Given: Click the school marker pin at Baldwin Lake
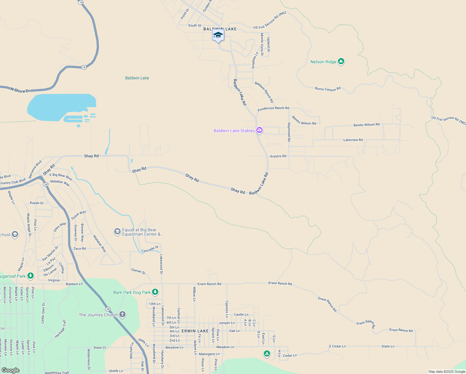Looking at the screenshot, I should [218, 35].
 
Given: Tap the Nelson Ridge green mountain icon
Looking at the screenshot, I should [341, 61].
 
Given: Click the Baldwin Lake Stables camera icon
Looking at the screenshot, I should [259, 130].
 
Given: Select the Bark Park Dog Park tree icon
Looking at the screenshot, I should [155, 292].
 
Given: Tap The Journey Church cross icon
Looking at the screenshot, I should [122, 314].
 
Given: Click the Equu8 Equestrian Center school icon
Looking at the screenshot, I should [117, 232].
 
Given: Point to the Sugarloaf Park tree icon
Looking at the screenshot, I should [30, 276].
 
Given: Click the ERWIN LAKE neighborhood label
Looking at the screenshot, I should [195, 331].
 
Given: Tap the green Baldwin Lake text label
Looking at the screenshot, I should [137, 78].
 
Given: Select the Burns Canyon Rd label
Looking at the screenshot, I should [328, 89].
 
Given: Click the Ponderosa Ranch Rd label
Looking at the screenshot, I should [273, 108].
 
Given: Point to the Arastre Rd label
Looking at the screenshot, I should [278, 156].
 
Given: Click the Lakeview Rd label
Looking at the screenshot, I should [353, 140].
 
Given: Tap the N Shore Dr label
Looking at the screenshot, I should [20, 90].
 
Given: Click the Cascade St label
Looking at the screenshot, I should [150, 249].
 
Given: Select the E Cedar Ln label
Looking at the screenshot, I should [337, 346].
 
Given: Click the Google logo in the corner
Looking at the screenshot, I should [10, 370].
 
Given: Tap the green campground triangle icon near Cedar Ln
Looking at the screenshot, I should [267, 353].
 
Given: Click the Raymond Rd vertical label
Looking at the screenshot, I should [289, 132].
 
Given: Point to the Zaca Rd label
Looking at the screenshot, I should [79, 248].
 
